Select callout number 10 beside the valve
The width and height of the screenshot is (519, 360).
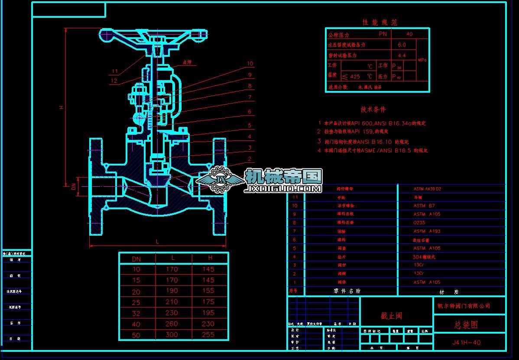point(250,64)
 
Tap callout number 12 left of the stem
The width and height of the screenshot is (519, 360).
point(114,81)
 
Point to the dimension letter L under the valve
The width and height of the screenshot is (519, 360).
point(157,241)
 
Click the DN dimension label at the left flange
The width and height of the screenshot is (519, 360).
point(74,186)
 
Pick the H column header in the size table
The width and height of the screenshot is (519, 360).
point(210,258)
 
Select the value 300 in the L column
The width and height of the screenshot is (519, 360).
point(172,334)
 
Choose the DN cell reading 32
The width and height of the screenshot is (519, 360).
point(136,313)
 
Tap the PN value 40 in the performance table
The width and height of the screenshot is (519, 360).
point(409,34)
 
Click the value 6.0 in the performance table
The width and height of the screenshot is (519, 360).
point(402,45)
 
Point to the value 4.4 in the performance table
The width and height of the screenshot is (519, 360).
point(402,55)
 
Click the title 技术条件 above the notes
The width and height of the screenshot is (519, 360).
point(373,110)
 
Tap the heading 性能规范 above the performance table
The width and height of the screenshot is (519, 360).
point(380,22)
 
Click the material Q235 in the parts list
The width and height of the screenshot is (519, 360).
point(419,223)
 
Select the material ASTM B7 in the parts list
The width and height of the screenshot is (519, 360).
point(424,206)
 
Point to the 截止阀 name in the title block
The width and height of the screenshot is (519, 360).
point(391,316)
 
